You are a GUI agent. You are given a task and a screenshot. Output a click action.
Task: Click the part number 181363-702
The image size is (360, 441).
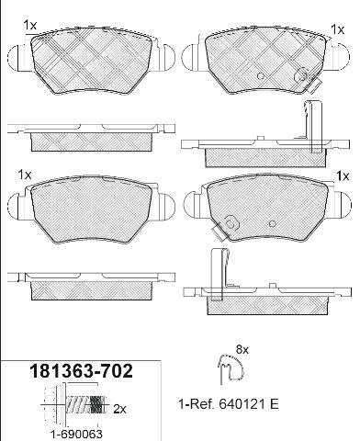(x=81, y=371)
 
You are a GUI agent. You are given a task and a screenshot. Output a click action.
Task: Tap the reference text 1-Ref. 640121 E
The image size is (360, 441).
(x=229, y=404)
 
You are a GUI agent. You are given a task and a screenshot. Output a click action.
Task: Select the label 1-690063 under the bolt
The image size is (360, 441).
(x=76, y=434)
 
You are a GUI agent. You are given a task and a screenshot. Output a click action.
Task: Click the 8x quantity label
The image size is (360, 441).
(x=242, y=349)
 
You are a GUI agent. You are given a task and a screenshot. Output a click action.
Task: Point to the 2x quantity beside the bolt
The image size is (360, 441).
(x=119, y=409)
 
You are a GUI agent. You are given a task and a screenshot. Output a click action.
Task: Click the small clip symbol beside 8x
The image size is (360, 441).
(x=231, y=368)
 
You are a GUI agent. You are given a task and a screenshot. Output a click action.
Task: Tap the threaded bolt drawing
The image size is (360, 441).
(x=75, y=404)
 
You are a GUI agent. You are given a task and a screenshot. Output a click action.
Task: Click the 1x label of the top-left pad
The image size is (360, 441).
(x=30, y=25)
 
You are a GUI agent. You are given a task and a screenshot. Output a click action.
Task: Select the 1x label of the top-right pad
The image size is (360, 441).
(x=338, y=29)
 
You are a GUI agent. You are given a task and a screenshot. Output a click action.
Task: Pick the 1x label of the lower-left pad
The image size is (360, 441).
(x=25, y=175)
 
